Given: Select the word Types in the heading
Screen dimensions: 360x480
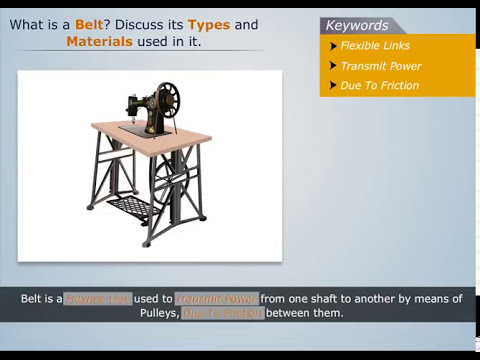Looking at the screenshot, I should tap(209, 24).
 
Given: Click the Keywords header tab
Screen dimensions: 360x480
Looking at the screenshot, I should tap(357, 25).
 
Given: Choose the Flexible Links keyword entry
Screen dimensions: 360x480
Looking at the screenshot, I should tap(375, 46).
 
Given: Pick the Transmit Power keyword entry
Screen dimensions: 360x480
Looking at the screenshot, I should tap(380, 66).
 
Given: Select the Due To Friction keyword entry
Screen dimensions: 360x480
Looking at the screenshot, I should tap(379, 86).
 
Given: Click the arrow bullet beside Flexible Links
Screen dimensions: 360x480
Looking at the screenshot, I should tap(333, 46).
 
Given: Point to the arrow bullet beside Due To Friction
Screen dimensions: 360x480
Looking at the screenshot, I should tap(333, 86).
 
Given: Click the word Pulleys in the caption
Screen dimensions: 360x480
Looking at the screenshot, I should tap(160, 313).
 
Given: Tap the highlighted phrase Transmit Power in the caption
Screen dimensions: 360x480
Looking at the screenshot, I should tap(217, 299).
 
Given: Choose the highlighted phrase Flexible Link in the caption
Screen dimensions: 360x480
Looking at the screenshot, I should tap(98, 299).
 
